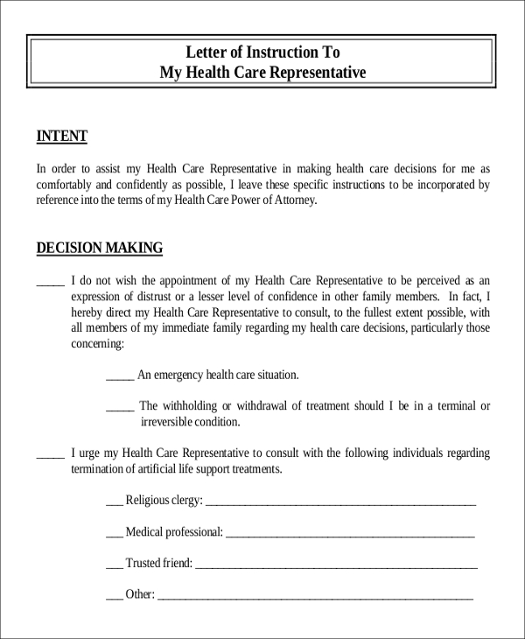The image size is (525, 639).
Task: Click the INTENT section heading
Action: [x=61, y=137]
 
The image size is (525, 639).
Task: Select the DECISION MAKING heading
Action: [x=99, y=248]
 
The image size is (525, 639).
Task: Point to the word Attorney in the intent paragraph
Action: [x=291, y=200]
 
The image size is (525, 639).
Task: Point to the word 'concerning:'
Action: [x=97, y=344]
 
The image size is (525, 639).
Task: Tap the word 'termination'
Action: [x=98, y=469]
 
